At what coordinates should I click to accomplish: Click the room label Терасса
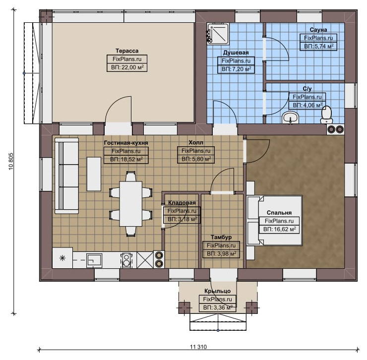pos(127,51)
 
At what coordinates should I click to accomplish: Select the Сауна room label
pos(318,30)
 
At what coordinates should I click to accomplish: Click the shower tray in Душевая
pos(217,34)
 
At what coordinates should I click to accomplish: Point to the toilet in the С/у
pos(327,115)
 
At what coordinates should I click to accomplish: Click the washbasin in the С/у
pos(291,117)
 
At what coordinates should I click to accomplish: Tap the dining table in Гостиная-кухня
pos(131,204)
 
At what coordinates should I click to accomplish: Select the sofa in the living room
pos(67,176)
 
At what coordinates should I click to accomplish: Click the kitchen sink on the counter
pos(94,260)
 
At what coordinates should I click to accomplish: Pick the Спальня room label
pos(279,213)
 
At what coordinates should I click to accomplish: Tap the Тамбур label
pos(221,238)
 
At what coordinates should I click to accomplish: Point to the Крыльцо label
pos(217,291)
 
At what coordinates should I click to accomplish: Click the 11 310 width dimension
pos(198,347)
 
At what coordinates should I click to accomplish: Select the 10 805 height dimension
pos(11,162)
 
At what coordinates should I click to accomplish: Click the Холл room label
pos(196,142)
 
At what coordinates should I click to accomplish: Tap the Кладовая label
pos(182,203)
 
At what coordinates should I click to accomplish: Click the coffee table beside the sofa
pos(94,174)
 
